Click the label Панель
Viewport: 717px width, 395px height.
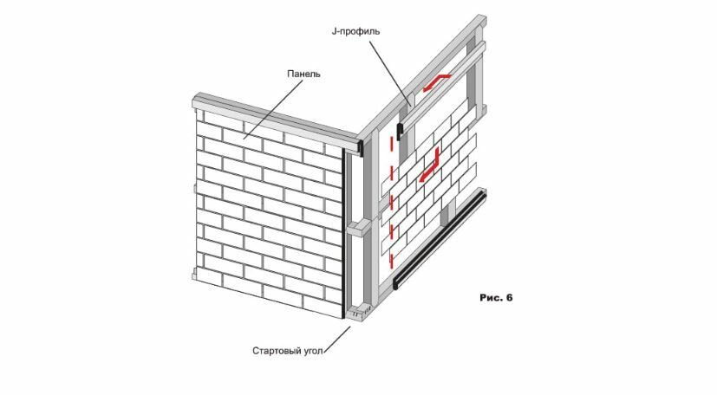point(304,74)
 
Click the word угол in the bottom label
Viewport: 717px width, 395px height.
point(317,352)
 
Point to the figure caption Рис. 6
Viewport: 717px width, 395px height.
point(496,298)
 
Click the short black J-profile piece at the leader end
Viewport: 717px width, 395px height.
point(400,132)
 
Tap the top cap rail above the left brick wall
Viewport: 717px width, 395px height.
point(277,117)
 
